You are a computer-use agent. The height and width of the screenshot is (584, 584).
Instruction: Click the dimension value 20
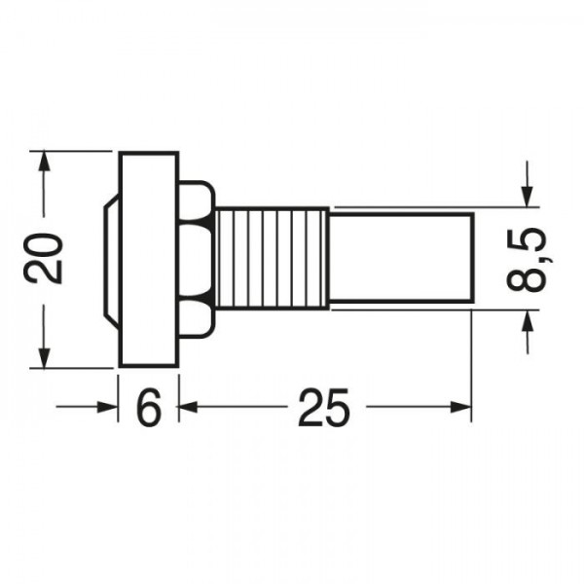[x=45, y=258]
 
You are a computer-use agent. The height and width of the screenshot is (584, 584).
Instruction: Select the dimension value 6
[x=148, y=410]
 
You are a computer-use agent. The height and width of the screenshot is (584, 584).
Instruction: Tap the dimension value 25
[x=324, y=410]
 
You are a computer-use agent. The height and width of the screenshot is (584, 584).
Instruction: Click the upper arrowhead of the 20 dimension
[x=43, y=162]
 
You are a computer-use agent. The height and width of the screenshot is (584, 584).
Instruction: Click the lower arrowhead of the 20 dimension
[x=43, y=357]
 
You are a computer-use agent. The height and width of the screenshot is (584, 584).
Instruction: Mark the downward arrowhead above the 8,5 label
[x=528, y=197]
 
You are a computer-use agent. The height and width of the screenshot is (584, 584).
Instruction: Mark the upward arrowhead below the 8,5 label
[x=528, y=321]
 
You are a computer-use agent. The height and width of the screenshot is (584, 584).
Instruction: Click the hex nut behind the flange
[x=197, y=259]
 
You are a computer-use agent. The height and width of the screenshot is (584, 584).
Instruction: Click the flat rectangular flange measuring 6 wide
[x=148, y=259]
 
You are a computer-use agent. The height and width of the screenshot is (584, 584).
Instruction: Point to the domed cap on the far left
[x=110, y=259]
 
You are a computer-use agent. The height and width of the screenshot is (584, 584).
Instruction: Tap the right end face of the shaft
[x=472, y=259]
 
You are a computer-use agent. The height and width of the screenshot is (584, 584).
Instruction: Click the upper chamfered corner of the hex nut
[x=205, y=192]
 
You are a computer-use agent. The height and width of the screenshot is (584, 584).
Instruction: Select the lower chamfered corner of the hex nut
[x=205, y=326]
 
